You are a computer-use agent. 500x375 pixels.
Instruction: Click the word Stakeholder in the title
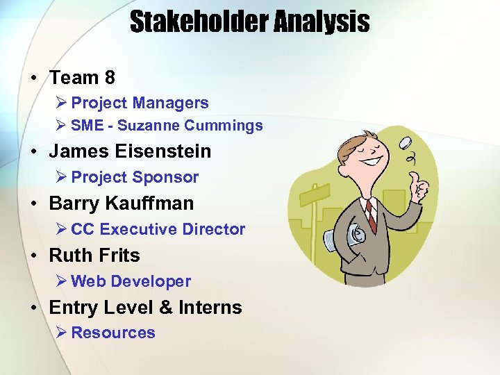point(197,22)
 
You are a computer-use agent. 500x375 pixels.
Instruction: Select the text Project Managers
point(140,103)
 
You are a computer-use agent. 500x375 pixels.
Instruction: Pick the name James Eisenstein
point(130,151)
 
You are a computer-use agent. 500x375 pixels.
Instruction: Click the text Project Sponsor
point(135,177)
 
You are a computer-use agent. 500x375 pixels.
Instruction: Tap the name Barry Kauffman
point(122,203)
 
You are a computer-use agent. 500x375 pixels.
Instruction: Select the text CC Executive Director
point(158,229)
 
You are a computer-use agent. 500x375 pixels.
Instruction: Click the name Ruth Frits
point(94,256)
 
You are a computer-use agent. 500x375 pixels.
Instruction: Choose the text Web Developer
point(131,281)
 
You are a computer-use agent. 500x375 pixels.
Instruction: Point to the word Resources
point(113,333)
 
